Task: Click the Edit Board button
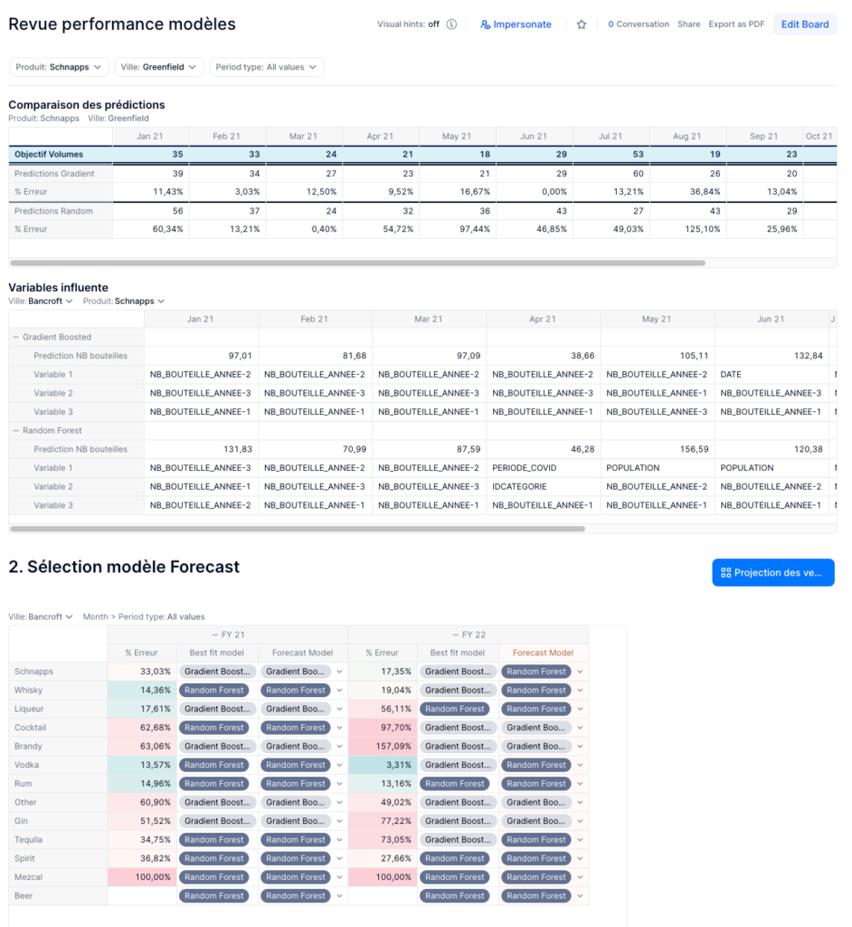click(804, 24)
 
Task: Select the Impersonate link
click(516, 24)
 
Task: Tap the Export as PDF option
click(736, 24)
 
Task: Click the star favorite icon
click(582, 24)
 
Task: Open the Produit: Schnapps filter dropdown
click(59, 67)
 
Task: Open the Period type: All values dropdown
click(266, 67)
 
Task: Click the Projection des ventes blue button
click(772, 572)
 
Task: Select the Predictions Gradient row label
click(54, 173)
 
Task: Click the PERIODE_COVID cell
click(525, 468)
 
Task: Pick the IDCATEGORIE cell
click(519, 486)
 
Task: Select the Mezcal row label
click(29, 876)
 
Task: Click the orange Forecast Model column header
click(543, 652)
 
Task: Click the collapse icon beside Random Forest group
click(15, 430)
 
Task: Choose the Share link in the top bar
click(688, 24)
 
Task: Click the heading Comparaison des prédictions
click(87, 104)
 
